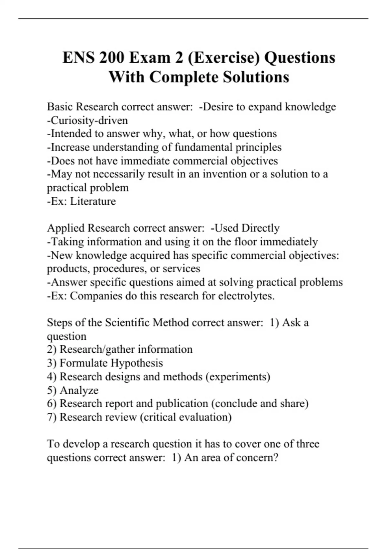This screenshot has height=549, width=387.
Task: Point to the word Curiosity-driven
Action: tap(87, 120)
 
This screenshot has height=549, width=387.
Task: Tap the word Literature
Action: tap(93, 201)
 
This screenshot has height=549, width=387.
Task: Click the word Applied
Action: tap(65, 228)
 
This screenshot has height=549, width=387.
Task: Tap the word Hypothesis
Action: tap(136, 363)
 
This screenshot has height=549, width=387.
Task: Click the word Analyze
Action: tap(79, 390)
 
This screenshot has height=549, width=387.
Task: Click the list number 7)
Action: tap(52, 417)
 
